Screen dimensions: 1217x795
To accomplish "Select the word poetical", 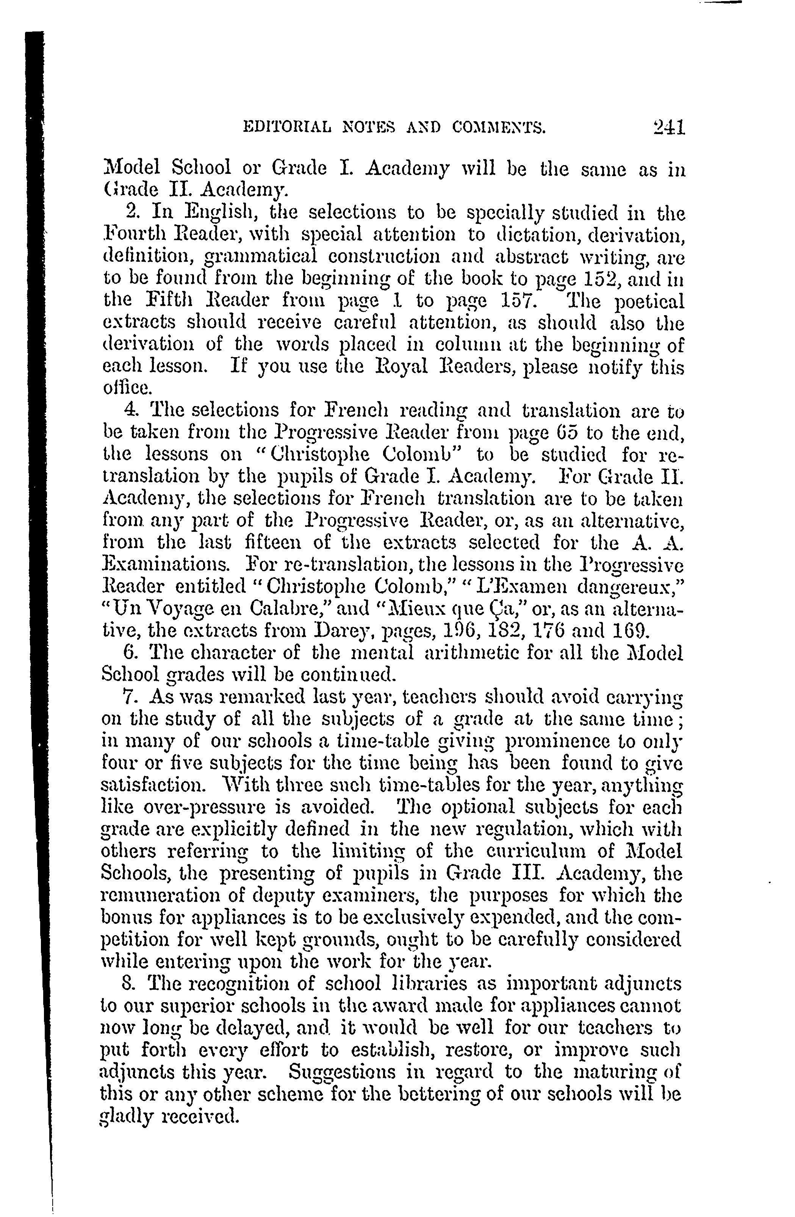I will tap(649, 301).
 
